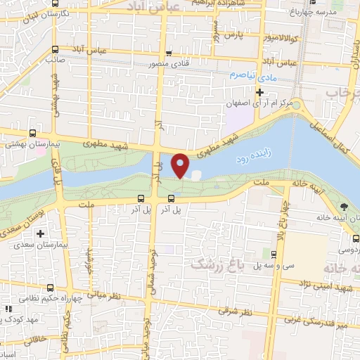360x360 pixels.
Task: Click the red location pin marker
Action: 181,165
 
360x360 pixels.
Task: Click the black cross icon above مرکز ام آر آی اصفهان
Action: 259,92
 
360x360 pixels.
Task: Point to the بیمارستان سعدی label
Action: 41,247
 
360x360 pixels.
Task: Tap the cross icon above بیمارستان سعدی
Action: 40,233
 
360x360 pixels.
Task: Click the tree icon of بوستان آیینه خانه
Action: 344,207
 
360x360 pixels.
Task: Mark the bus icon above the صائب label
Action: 55,49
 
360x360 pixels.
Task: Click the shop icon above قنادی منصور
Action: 168,53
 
